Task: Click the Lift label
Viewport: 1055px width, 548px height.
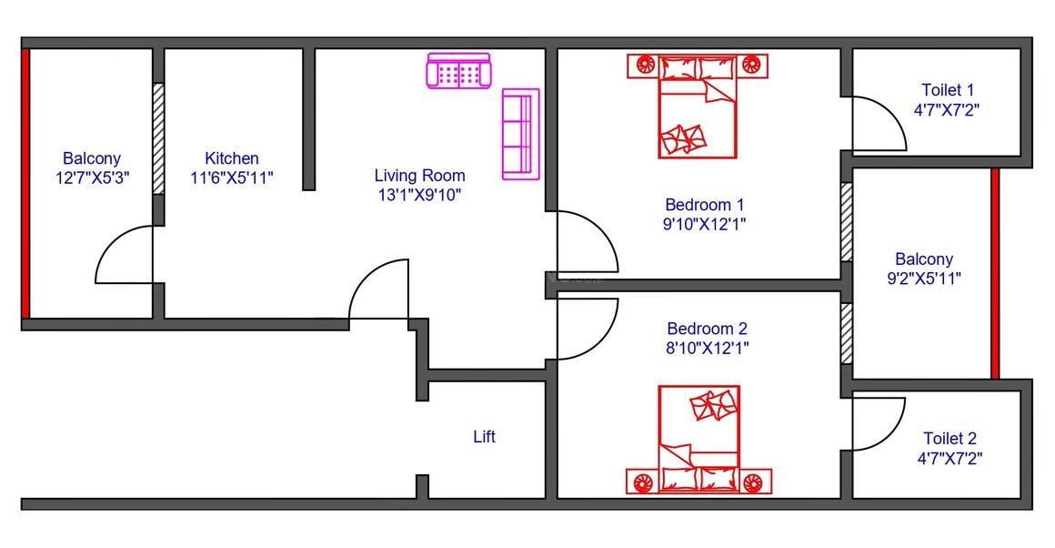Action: pos(484,437)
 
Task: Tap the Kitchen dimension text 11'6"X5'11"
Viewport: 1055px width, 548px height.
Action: pos(232,178)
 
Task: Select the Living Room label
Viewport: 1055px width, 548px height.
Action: pos(419,176)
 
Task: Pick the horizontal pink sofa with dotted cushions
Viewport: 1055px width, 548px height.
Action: pos(458,71)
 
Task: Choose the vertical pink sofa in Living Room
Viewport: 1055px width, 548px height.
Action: pos(520,135)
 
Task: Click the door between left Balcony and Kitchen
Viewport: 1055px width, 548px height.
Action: pos(124,255)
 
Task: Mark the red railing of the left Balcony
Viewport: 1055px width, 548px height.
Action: pos(25,182)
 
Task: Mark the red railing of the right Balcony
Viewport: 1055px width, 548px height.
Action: pos(995,273)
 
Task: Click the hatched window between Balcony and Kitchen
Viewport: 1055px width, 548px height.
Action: pos(158,138)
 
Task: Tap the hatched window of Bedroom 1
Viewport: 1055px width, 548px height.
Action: pos(846,222)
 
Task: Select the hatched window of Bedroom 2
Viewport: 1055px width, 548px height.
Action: pos(846,333)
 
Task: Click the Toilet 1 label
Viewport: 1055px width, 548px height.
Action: pos(948,90)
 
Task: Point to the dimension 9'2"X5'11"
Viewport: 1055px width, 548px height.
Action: pos(924,279)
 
